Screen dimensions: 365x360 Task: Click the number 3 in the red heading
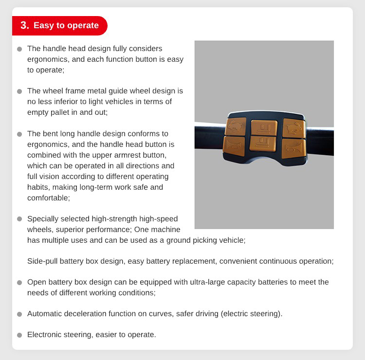click(x=23, y=25)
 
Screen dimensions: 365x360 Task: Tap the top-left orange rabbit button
click(x=236, y=126)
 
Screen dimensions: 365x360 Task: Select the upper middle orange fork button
click(x=264, y=127)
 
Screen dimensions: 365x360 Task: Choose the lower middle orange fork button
click(x=263, y=144)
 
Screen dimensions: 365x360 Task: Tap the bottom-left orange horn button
click(x=234, y=146)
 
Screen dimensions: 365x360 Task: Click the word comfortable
click(x=48, y=198)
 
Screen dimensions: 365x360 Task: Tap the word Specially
click(x=43, y=219)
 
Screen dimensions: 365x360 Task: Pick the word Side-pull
click(x=42, y=261)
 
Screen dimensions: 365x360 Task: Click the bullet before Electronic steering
click(x=19, y=335)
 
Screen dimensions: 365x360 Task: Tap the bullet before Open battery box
click(x=19, y=283)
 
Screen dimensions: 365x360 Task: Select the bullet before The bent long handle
click(x=19, y=134)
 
